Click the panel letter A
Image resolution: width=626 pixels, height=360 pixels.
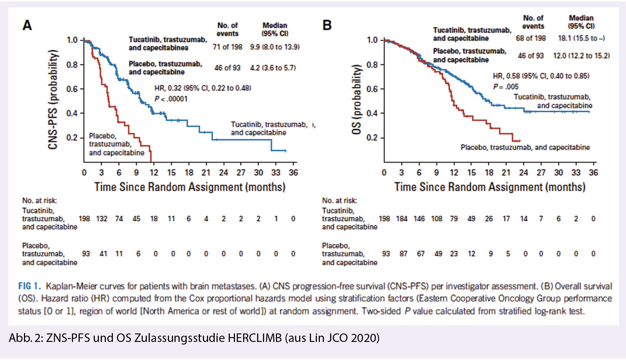[27, 25]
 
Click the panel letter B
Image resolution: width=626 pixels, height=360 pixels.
[327, 25]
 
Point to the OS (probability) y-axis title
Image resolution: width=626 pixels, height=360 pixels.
[356, 100]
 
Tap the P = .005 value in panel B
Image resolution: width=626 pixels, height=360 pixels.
[506, 87]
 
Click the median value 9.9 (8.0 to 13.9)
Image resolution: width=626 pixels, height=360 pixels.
[274, 47]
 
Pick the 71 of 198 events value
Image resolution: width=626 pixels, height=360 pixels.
[227, 47]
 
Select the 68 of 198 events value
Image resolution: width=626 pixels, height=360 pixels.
[530, 38]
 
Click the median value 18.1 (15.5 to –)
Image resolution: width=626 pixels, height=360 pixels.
[581, 38]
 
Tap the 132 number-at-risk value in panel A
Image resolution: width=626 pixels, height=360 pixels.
[101, 219]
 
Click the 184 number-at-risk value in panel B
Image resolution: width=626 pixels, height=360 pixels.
[402, 219]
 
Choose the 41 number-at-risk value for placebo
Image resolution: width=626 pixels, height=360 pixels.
[103, 254]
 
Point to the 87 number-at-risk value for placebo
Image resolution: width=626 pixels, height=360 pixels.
[404, 254]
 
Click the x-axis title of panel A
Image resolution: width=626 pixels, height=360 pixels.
[190, 187]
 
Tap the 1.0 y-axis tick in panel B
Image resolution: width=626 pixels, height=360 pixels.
[372, 40]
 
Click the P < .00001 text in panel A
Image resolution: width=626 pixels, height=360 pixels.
[171, 99]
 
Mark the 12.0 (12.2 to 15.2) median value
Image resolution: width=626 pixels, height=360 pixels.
[581, 56]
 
